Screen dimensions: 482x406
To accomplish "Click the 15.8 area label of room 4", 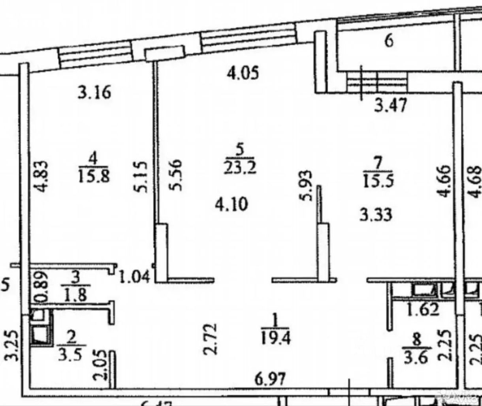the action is tap(94, 176).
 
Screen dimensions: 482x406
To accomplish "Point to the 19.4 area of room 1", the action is tap(276, 338).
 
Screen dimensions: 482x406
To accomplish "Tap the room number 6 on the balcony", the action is tap(389, 41).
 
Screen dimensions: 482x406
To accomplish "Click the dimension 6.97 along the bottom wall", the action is tap(269, 380).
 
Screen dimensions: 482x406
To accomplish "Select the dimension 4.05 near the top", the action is tap(243, 73).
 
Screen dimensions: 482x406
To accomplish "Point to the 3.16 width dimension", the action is tap(94, 94).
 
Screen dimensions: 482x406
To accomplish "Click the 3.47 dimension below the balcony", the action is tap(390, 106).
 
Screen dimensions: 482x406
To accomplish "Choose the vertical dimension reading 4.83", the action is tap(41, 176).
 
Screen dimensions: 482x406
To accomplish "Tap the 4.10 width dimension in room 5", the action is tap(231, 205).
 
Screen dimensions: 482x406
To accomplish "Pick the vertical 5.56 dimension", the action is tap(175, 175).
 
